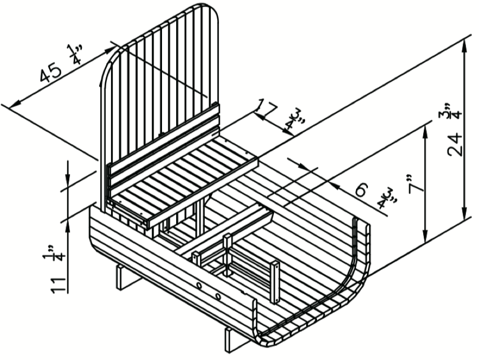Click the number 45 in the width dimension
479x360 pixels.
pos(51,72)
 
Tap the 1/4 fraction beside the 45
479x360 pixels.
pos(75,54)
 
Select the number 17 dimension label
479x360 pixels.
pos(266,108)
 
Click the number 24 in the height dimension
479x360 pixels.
pos(455,144)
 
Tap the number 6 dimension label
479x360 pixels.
pos(361,190)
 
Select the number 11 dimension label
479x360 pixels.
pos(59,286)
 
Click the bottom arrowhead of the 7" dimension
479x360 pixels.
pos(425,237)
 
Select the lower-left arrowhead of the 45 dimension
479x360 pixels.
pos(15,104)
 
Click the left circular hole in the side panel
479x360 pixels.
pos(199,286)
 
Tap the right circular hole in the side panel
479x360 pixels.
pos(217,296)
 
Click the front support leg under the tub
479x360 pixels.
pos(232,340)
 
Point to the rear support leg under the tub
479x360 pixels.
pos(125,277)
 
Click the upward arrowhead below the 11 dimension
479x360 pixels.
pos(68,227)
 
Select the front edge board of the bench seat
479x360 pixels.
pos(203,193)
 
